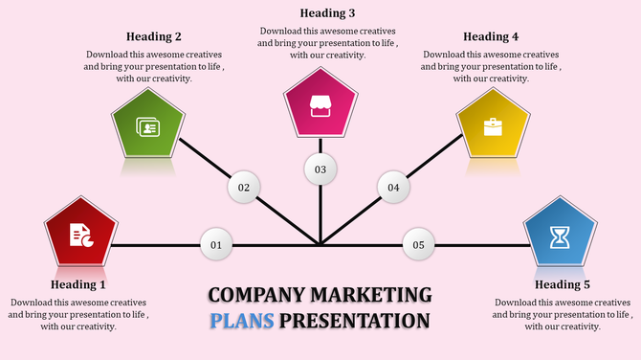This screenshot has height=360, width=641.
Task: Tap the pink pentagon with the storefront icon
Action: coord(320,106)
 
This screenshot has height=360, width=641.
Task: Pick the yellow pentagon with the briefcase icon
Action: coord(493,126)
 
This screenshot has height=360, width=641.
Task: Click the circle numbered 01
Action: coord(216,246)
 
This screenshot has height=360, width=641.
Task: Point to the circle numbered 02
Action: coord(244,188)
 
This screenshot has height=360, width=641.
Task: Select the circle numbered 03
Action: coord(320,169)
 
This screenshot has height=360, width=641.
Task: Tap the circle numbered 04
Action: coord(393,188)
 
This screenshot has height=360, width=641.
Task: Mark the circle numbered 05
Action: coord(418,246)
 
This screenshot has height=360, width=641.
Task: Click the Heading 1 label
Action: coord(78,284)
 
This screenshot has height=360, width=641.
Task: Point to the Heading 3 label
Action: coord(327,13)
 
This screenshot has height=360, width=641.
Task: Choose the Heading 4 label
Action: coord(491,37)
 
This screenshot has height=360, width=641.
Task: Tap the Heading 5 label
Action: coord(563,284)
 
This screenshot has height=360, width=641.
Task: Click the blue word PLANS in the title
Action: coord(242,320)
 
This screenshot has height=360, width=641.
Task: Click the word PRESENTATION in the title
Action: coord(355,320)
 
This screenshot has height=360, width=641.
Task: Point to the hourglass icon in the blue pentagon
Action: coord(560,236)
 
